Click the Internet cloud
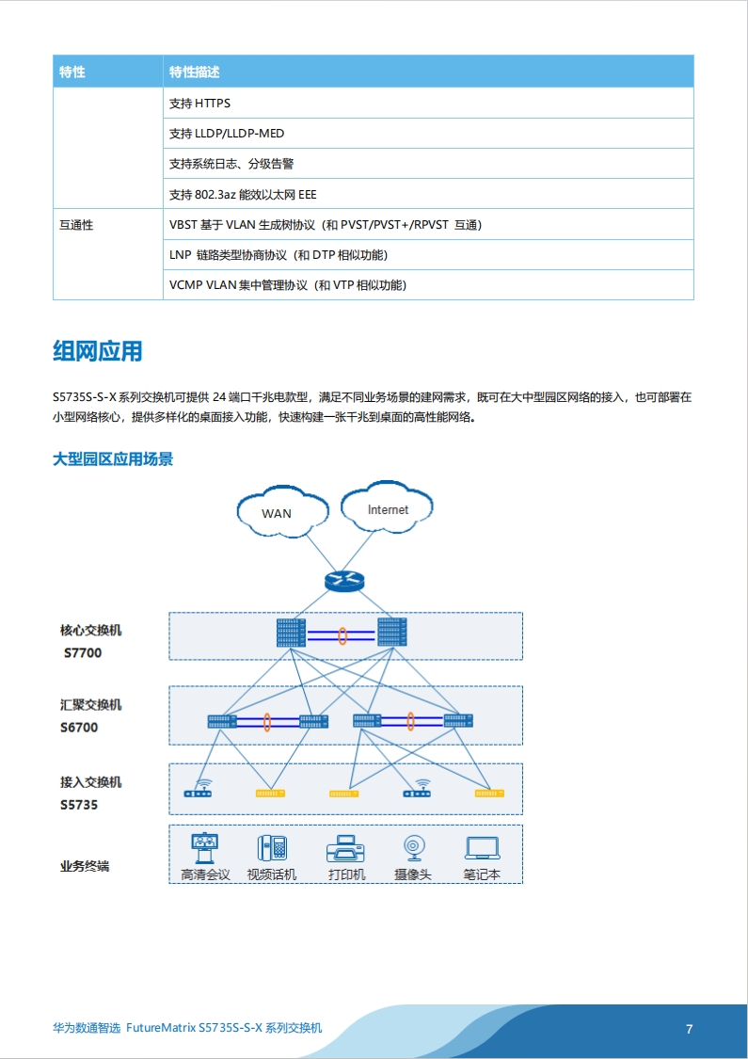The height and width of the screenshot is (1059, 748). coord(387,508)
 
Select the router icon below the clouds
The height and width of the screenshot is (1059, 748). coord(343,581)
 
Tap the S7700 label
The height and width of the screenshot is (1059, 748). coord(83,653)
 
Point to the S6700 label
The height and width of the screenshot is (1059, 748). coord(79,728)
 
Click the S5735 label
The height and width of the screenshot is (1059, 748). coord(79,805)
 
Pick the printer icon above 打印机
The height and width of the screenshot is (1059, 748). coord(345,849)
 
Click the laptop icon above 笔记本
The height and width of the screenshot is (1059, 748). coord(482,848)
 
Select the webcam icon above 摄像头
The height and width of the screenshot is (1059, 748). coord(413,848)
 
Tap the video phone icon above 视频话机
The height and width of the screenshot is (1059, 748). coord(272,848)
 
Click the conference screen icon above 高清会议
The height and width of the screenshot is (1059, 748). coord(204,848)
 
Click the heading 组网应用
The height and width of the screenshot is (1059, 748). coord(98,352)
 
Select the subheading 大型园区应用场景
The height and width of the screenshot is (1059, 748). coord(113,459)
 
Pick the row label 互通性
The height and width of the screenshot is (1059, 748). coord(76,225)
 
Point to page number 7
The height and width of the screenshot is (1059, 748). coord(690,1029)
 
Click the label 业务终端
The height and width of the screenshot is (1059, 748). coord(85,867)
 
